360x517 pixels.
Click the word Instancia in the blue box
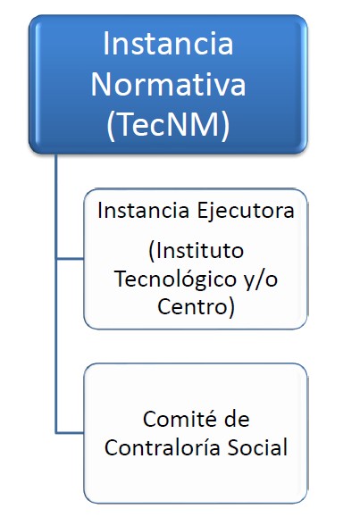(x=168, y=44)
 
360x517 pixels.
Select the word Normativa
(x=168, y=85)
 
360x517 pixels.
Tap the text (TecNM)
(x=168, y=125)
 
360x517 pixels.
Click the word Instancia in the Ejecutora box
(x=144, y=211)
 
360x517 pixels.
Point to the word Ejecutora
(x=245, y=212)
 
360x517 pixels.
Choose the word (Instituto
(x=196, y=251)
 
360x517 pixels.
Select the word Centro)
(x=196, y=307)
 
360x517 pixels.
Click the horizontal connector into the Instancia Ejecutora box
(x=70, y=259)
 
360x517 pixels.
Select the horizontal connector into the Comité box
(x=70, y=432)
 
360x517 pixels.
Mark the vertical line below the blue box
(x=56, y=293)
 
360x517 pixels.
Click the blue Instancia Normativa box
(x=168, y=84)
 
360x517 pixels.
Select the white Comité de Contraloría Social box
(x=196, y=433)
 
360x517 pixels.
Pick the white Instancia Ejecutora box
(x=196, y=259)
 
